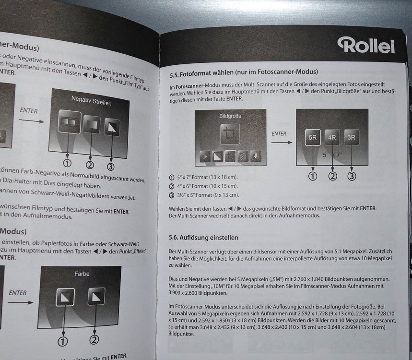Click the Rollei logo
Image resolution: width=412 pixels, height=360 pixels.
pos(366,45)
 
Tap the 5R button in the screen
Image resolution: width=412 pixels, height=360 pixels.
pos(312,137)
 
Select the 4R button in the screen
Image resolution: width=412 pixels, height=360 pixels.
pos(332,137)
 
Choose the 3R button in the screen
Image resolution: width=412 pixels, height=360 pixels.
pos(352,137)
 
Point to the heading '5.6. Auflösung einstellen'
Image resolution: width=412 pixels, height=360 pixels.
pos(204,238)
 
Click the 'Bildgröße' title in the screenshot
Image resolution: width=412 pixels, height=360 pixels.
pos(230,116)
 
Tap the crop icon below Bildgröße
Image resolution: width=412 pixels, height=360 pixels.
pos(230,134)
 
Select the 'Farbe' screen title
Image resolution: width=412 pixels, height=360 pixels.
pos(82,274)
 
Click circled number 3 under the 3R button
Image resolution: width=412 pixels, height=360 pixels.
pos(352,176)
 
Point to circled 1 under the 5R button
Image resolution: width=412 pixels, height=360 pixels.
pos(313,176)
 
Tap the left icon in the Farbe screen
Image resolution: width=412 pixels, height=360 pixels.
pos(64,298)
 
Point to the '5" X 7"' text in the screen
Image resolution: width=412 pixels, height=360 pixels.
pos(331,155)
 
